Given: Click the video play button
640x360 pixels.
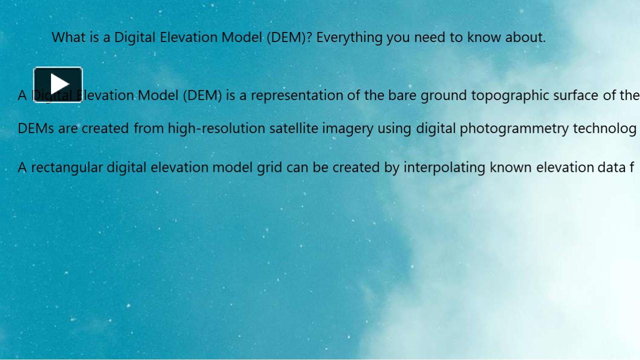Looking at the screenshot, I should coord(58,84).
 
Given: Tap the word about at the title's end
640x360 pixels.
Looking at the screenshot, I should coord(524,37).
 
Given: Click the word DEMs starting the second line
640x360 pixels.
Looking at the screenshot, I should coord(35,128).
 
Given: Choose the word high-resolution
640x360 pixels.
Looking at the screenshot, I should coord(216,128).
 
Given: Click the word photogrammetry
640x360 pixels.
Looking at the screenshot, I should coord(514,129).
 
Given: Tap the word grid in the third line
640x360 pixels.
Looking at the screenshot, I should coord(269,167).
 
